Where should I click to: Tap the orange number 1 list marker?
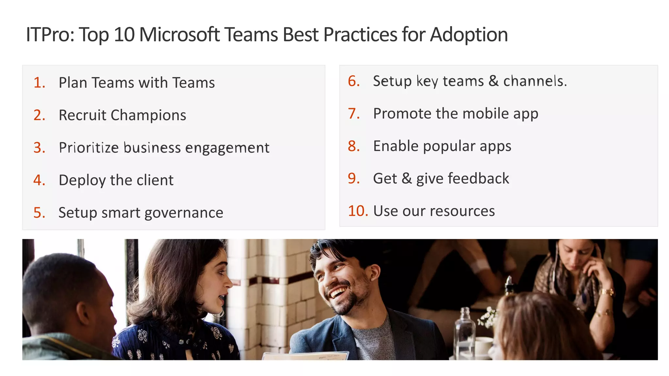tap(39, 83)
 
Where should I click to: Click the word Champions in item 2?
tap(148, 116)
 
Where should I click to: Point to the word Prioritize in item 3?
tap(89, 148)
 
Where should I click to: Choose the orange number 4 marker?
tap(39, 180)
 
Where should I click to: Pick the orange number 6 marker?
tap(353, 81)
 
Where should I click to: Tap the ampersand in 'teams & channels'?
tap(493, 81)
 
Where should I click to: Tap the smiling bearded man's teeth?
tap(339, 291)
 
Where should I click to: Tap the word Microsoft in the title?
tap(179, 35)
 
